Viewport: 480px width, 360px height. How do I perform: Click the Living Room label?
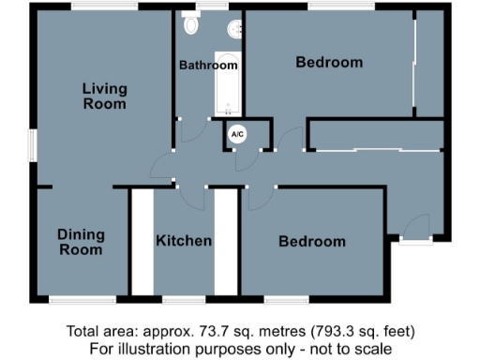coord(104,97)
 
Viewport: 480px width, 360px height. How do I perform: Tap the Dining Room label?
coord(81,242)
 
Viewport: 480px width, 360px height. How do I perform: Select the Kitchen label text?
coord(184,241)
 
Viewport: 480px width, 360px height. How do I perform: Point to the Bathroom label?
coord(208,66)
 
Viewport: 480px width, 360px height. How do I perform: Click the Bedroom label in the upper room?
coord(329,63)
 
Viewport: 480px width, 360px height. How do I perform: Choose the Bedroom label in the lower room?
coord(312,241)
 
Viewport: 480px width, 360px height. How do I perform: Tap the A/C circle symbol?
coord(237,135)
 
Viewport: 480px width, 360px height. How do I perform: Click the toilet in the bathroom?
coord(192,24)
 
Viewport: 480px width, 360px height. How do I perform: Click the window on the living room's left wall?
coord(32,145)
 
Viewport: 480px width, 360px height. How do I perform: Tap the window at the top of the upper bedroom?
coord(334,7)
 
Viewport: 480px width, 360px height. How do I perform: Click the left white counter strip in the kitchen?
coord(141,242)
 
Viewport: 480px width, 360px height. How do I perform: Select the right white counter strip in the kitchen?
coord(226,242)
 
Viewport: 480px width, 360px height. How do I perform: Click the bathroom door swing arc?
coord(193,132)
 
